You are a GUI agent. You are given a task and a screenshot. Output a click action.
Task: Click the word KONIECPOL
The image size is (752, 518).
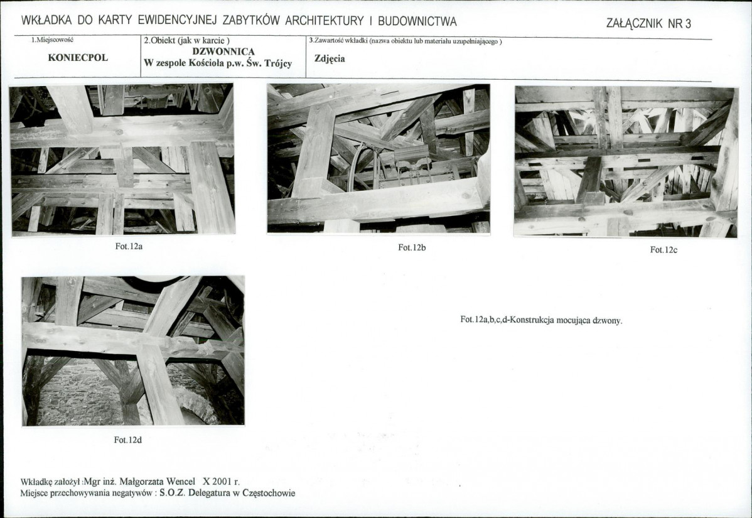[78, 58]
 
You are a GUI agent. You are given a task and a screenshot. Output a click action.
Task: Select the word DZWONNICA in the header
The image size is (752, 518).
[223, 51]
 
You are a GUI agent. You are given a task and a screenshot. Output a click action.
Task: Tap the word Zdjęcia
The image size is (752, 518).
[330, 59]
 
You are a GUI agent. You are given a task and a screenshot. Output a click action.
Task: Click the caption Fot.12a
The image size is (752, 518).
[129, 246]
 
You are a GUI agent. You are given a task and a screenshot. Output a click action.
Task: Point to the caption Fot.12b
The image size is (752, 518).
[412, 247]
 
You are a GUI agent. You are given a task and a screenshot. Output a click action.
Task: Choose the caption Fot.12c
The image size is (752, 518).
[663, 250]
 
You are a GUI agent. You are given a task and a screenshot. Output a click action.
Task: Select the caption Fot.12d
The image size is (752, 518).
[128, 440]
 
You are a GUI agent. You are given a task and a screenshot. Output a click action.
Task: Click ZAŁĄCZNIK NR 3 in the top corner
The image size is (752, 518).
[648, 23]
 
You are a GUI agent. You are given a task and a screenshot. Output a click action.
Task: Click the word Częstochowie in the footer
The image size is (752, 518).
[269, 493]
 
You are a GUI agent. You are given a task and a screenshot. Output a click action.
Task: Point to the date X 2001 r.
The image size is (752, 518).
[221, 482]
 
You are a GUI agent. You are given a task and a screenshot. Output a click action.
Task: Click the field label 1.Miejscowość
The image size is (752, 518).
[52, 40]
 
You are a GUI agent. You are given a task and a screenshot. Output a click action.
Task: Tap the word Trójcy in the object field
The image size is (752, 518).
[278, 63]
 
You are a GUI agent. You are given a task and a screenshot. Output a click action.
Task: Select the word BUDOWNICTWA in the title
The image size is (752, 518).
[417, 21]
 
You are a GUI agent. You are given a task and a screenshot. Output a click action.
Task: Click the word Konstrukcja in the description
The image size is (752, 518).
[532, 320]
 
